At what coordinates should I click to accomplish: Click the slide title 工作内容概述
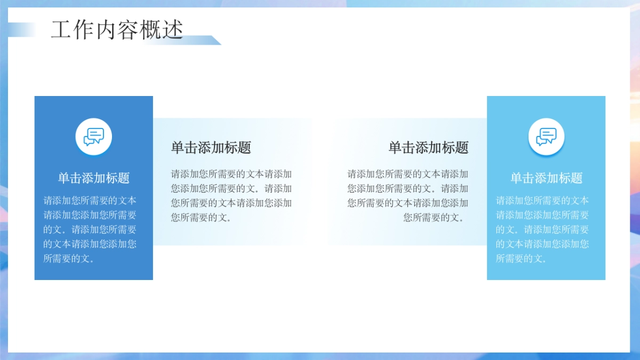(x=117, y=30)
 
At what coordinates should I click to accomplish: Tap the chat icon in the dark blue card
(x=94, y=137)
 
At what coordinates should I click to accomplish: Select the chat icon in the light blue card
(x=546, y=137)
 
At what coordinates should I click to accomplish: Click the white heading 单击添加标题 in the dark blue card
(x=94, y=178)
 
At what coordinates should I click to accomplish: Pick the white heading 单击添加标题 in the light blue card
(x=546, y=178)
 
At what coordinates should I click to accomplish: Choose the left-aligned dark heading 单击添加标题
(x=211, y=148)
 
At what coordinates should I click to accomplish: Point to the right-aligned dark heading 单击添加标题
(x=428, y=148)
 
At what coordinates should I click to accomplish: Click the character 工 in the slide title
(x=61, y=30)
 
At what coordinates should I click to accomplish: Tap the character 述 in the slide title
(x=173, y=30)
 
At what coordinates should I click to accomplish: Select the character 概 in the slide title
(x=150, y=30)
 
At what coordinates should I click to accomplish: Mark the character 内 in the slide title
(x=106, y=30)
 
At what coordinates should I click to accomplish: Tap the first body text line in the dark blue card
(x=90, y=201)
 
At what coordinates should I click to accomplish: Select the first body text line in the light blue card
(x=542, y=201)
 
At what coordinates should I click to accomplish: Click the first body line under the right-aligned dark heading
(x=408, y=174)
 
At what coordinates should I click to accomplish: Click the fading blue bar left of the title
(x=21, y=30)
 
